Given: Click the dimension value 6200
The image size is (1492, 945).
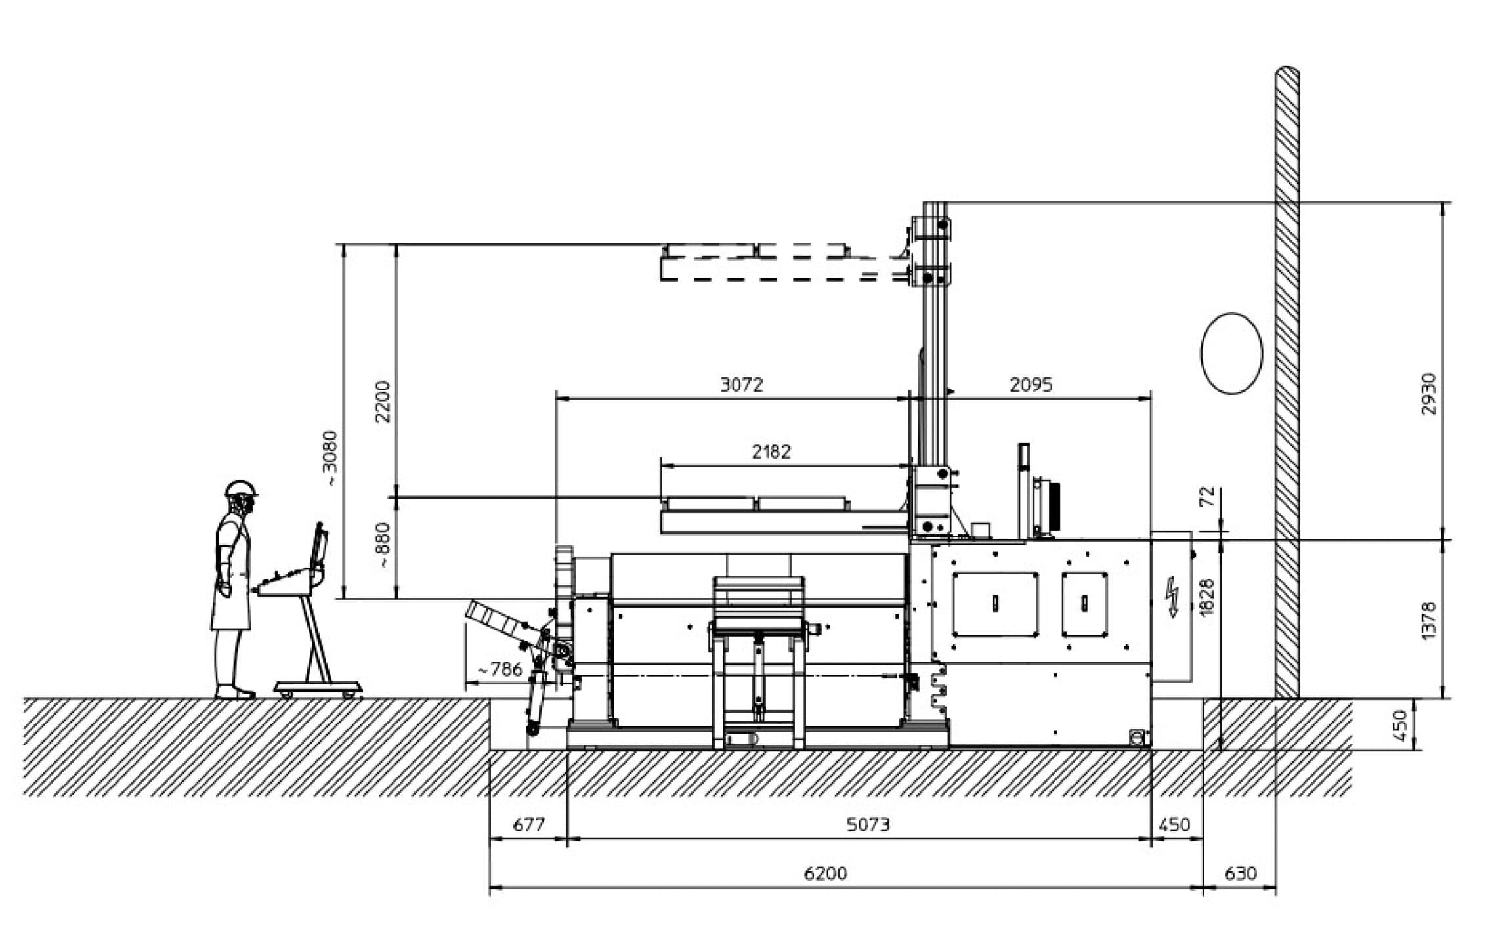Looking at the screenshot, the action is pos(825,873).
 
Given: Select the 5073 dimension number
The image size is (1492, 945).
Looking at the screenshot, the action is pos(868,824).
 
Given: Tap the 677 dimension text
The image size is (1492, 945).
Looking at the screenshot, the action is pos(528,824).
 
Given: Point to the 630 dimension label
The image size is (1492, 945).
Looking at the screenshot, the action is pos(1241,873).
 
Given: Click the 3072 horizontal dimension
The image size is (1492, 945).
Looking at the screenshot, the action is pos(742,385).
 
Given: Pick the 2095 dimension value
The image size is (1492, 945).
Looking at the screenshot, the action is pos(1031,385).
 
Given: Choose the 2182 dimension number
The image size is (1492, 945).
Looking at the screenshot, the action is pos(771,451).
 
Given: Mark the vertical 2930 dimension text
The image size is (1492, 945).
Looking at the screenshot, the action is pos(1428,394).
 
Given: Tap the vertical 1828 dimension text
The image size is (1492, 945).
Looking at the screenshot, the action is pos(1206,597).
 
